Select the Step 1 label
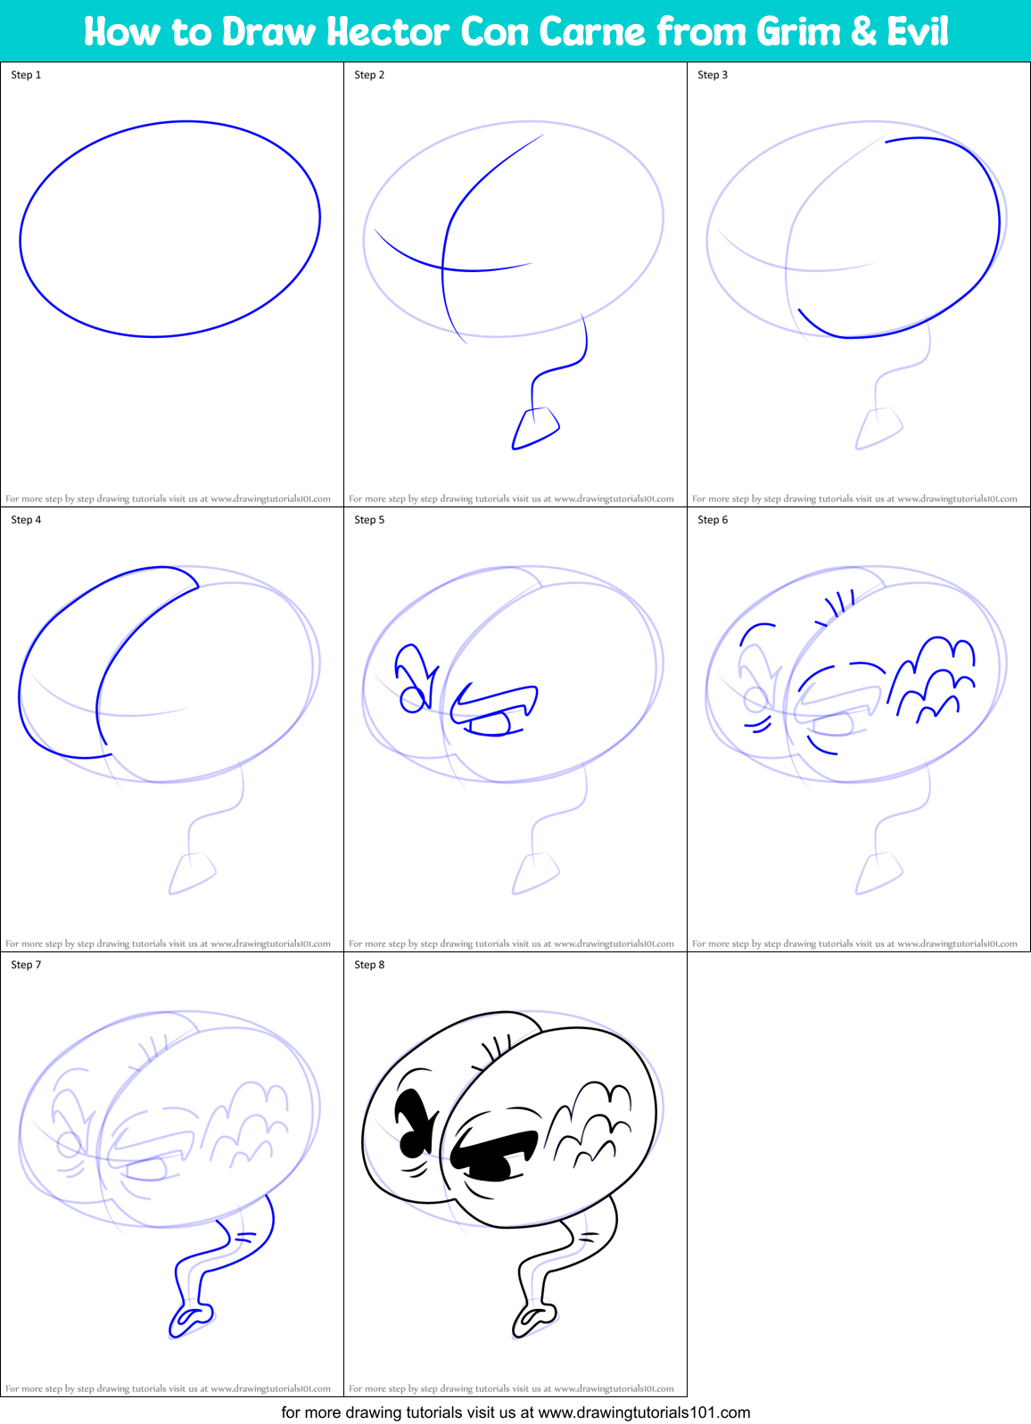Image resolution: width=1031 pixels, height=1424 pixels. pos(26,75)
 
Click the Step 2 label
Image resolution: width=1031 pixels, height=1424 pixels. pos(369,75)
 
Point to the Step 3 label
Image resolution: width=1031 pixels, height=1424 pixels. pos(713,75)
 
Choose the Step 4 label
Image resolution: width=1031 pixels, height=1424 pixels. pos(26,520)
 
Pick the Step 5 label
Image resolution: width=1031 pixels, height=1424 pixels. pos(369,520)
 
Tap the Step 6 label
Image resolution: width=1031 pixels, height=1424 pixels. pos(713,520)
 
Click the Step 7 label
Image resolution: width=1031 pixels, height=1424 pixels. pos(26,965)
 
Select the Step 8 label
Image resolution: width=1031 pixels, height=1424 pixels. pos(369,965)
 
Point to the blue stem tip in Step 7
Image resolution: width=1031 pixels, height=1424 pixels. pos(190,1318)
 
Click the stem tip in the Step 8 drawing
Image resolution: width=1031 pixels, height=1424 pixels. pos(533,1318)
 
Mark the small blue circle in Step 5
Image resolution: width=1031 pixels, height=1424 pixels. pos(412,700)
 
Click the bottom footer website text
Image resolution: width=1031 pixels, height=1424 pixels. pos(515,1412)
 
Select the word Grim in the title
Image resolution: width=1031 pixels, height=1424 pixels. pos(796,32)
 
